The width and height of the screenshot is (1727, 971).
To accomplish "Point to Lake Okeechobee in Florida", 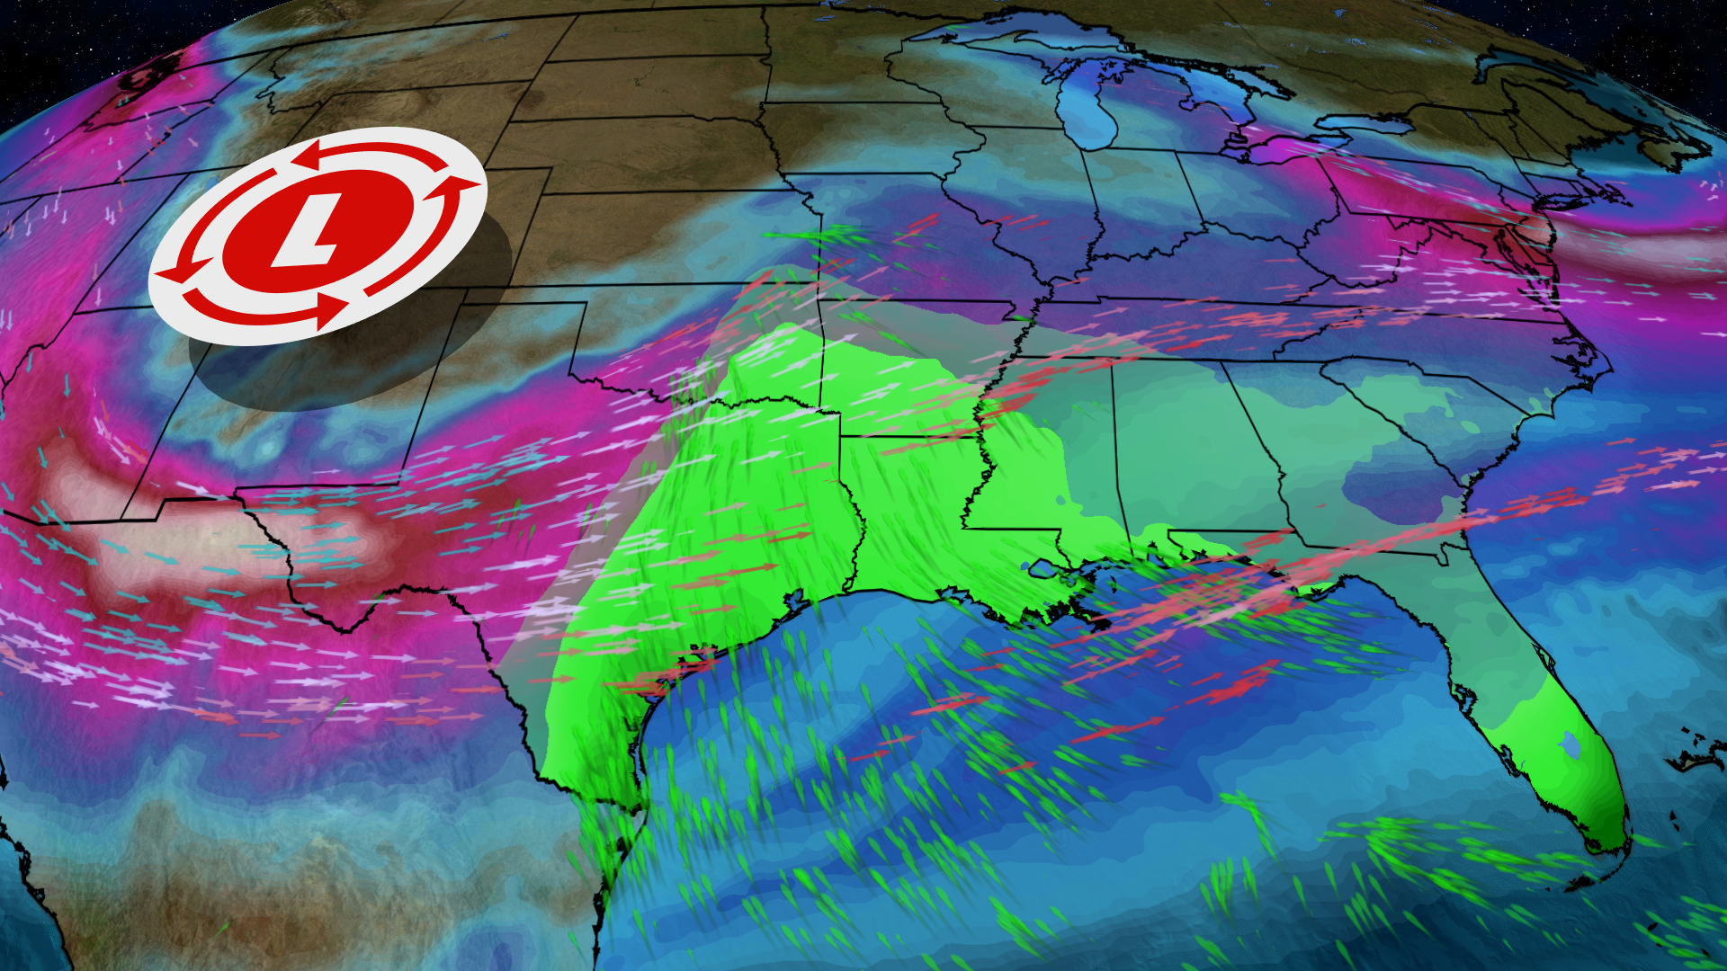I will tap(1570, 744).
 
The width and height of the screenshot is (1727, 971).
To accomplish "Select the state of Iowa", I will tap(863, 135).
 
